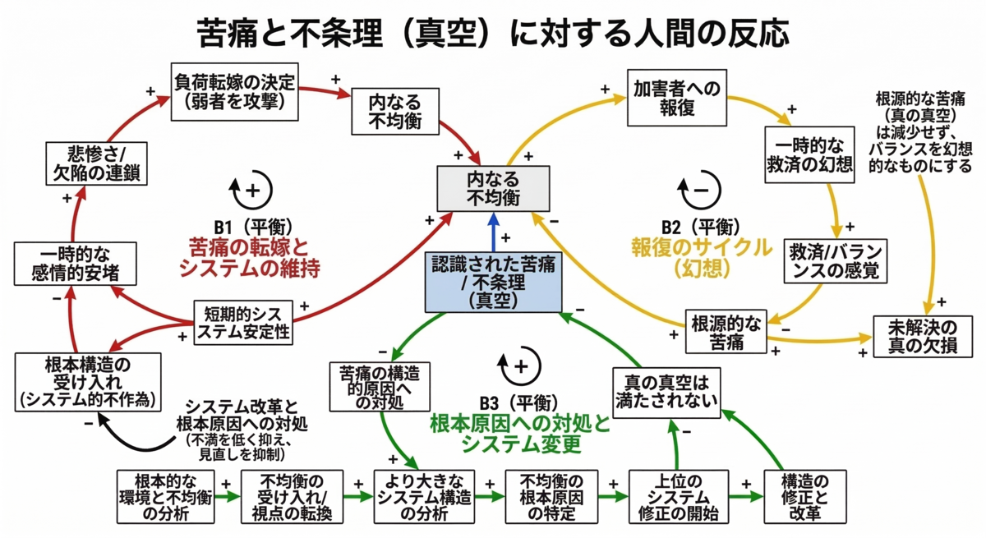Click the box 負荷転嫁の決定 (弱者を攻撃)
[235, 92]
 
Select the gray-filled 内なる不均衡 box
[493, 189]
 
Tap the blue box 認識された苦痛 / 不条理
[494, 283]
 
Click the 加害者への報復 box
[677, 98]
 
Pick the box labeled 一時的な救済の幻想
[809, 155]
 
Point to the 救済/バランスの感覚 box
[836, 261]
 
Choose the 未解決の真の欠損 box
[923, 337]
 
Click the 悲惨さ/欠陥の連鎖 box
[96, 163]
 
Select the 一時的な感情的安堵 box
[76, 264]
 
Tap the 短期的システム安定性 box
[243, 323]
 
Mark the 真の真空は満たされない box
[666, 393]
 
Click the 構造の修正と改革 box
[805, 497]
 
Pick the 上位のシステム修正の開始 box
[679, 497]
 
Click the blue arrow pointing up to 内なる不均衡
[494, 232]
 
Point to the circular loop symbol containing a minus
[700, 190]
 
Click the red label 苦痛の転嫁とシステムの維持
[249, 258]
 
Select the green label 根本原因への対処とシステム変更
[520, 435]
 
